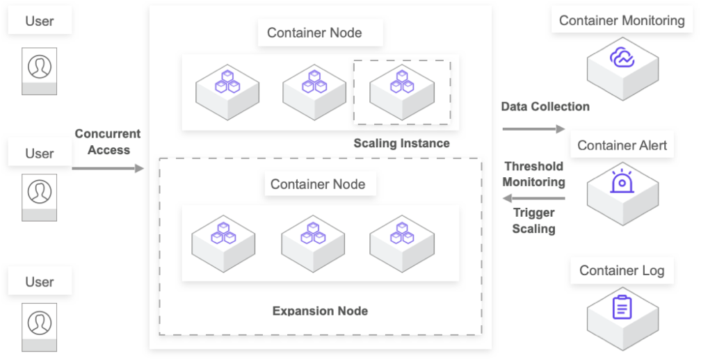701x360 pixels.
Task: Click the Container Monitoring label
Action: click(x=622, y=21)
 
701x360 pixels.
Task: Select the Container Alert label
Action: click(x=622, y=145)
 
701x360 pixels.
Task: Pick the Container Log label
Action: click(x=622, y=270)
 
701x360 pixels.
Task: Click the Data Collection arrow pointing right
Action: click(x=533, y=129)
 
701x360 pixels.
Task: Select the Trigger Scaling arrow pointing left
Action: click(x=533, y=199)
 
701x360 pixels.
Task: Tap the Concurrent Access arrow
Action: click(x=108, y=168)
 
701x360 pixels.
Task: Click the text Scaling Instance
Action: click(x=401, y=144)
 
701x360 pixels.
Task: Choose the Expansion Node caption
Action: click(x=320, y=311)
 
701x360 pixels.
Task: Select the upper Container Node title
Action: click(x=314, y=33)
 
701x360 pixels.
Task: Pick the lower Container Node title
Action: click(x=318, y=184)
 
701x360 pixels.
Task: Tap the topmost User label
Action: click(x=40, y=21)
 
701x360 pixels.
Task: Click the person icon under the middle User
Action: click(x=40, y=190)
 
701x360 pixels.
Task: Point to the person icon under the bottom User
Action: click(x=40, y=320)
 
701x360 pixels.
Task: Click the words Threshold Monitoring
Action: click(x=533, y=174)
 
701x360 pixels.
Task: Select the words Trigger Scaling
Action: click(x=533, y=221)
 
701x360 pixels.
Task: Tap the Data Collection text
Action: click(x=545, y=107)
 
